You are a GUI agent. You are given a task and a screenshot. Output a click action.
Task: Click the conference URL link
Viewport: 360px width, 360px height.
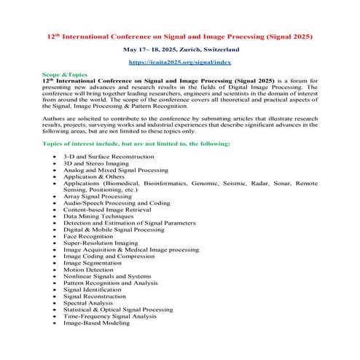click(180, 63)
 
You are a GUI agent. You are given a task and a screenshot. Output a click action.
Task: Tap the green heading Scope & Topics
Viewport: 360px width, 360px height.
click(65, 75)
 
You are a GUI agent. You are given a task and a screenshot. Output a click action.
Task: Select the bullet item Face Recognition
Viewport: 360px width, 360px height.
click(88, 237)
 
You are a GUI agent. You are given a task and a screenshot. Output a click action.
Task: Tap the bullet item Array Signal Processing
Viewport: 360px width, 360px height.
click(97, 196)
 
